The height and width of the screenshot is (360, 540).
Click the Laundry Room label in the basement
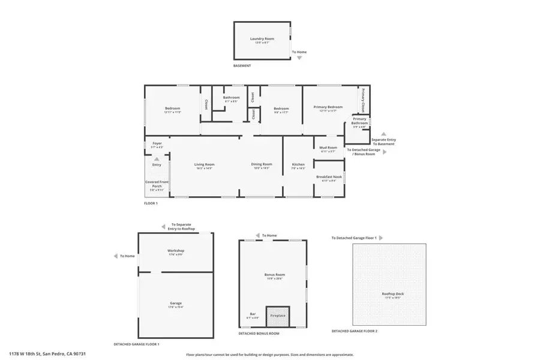262,39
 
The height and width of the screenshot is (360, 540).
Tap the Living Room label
204,164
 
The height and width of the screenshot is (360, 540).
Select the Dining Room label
262,164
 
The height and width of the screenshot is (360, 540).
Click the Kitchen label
298,164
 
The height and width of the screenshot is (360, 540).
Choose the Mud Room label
328,148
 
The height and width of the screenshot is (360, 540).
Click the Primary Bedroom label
328,107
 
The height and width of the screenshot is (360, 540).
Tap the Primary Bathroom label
360,121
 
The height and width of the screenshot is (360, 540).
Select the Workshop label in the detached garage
175,250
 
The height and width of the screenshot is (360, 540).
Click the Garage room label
175,303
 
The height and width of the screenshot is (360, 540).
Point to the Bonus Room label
274,275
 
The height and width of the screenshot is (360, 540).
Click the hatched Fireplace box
278,315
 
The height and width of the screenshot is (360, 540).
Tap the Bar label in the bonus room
252,314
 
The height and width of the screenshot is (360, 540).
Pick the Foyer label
157,143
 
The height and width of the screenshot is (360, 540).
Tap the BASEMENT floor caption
242,66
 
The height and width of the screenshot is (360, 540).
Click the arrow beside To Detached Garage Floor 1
380,238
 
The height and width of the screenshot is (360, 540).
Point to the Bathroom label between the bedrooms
231,97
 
